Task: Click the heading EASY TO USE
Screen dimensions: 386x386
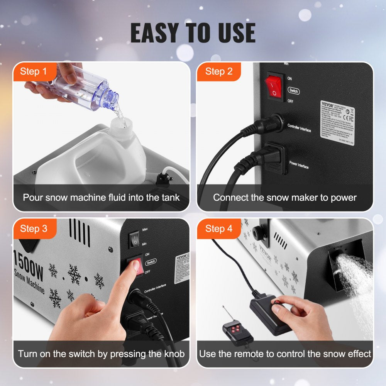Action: [193, 33]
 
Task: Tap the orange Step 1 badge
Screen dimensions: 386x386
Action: [33, 71]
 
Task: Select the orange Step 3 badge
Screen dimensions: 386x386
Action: [34, 229]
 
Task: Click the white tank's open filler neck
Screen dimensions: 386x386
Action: [122, 125]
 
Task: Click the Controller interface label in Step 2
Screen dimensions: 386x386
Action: [299, 129]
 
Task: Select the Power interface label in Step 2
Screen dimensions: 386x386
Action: [299, 165]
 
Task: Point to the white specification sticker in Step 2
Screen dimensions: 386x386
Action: [337, 123]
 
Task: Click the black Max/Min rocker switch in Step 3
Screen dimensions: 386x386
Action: [134, 240]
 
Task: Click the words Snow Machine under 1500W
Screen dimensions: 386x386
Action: [29, 279]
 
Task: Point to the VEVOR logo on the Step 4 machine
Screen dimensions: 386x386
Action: [265, 254]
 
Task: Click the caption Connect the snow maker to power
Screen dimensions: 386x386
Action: [285, 198]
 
